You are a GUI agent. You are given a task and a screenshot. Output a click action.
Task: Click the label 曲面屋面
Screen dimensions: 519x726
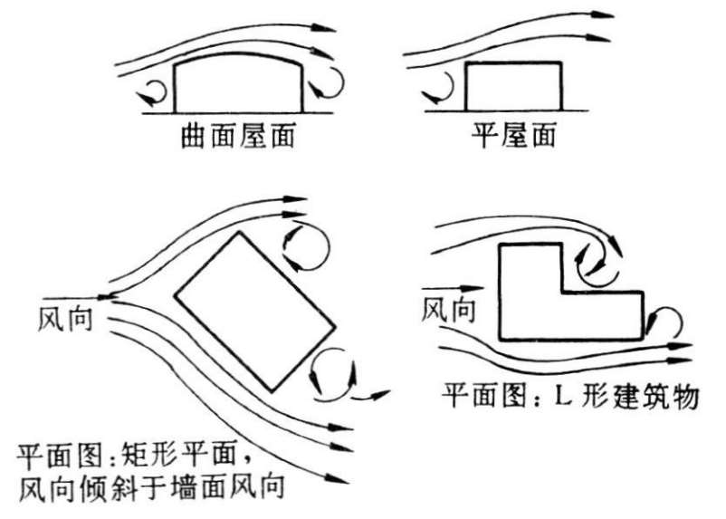point(239,138)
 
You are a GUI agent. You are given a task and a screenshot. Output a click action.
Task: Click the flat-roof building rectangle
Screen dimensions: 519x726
point(513,86)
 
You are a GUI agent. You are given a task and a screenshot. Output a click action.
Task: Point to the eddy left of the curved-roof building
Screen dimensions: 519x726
point(151,91)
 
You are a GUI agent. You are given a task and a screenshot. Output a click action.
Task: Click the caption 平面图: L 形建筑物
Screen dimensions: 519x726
point(570,396)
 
